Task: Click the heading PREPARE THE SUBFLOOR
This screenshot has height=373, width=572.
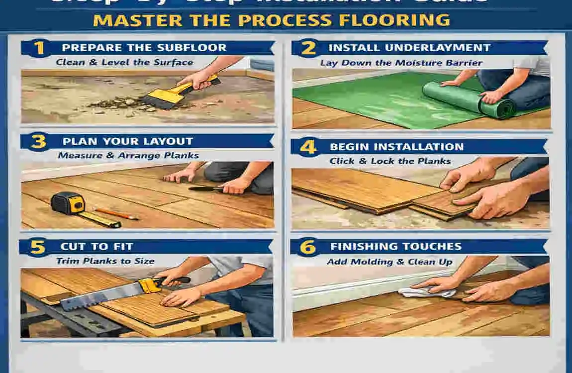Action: (x=144, y=48)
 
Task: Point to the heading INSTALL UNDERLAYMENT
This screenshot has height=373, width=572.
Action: (x=409, y=48)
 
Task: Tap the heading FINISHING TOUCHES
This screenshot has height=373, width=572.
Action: (x=396, y=247)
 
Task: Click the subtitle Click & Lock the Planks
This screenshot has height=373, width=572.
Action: (x=390, y=161)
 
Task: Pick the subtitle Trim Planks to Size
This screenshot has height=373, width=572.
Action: (x=105, y=261)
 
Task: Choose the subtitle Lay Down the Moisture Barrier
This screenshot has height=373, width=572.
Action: (x=401, y=63)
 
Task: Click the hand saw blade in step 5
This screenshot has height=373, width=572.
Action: (x=99, y=296)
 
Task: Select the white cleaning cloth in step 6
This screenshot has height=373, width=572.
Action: (x=425, y=292)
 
